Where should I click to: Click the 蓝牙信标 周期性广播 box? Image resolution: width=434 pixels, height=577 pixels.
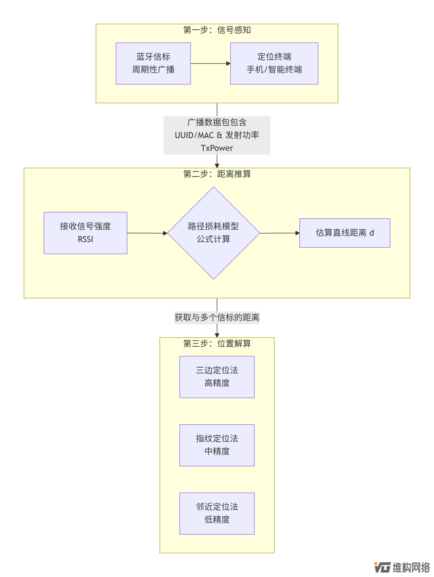(x=153, y=63)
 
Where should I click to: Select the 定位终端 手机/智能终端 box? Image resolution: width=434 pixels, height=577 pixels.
(x=274, y=63)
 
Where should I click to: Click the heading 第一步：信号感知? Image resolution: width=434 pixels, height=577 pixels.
(x=217, y=30)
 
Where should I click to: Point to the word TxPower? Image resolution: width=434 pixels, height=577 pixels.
(x=217, y=148)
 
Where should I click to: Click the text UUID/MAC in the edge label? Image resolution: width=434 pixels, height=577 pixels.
(x=194, y=135)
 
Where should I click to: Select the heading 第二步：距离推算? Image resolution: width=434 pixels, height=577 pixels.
(x=217, y=174)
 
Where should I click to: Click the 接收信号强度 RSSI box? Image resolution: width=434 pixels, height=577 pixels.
(x=85, y=233)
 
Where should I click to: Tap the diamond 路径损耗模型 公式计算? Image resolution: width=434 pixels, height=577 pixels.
(x=213, y=233)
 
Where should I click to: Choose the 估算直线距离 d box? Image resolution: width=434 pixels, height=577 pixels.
(x=345, y=233)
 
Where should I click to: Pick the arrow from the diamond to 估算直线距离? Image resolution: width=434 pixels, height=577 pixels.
(x=279, y=233)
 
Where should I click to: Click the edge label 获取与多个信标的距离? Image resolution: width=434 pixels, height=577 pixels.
(x=217, y=317)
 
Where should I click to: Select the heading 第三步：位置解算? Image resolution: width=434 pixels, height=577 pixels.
(x=217, y=343)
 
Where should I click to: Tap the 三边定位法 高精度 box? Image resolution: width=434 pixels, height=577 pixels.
(x=217, y=377)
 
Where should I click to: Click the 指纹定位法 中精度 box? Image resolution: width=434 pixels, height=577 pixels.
(x=217, y=445)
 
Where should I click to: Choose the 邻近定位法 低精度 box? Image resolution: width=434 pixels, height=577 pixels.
(x=217, y=513)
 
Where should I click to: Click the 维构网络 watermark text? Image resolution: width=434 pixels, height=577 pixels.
(x=411, y=567)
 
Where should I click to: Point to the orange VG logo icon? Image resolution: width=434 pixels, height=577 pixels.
(x=382, y=567)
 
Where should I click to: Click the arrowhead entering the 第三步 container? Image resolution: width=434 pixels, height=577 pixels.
(x=217, y=335)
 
